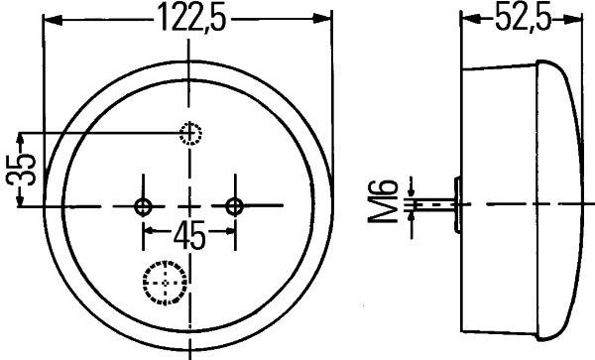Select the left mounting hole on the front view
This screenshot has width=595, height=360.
point(144,206)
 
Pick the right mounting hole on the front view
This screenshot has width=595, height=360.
point(234,206)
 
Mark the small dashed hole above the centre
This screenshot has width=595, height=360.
point(189,134)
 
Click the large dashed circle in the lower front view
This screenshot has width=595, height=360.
point(166,282)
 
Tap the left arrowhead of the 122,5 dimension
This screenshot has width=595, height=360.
point(52,19)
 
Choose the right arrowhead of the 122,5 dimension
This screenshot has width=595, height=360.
point(324,19)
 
